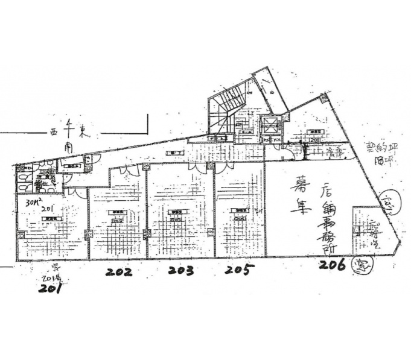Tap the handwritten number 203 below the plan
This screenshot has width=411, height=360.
point(181,271)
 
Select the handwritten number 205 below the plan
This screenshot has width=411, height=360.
point(240,270)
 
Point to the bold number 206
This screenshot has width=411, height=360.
point(333,264)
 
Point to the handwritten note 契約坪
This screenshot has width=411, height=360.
point(374,147)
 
